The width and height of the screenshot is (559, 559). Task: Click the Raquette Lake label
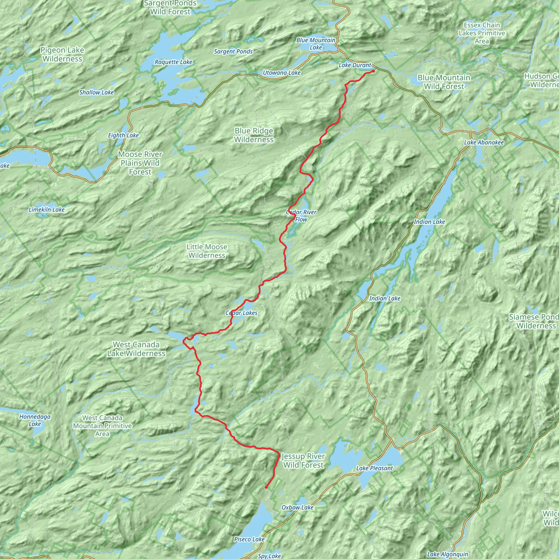tap(173, 62)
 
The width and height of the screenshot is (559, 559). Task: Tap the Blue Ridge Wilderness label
tap(254, 135)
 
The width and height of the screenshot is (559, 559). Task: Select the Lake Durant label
tap(355, 66)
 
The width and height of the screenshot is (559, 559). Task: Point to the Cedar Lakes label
tap(241, 313)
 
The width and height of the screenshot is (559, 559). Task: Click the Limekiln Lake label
tap(47, 209)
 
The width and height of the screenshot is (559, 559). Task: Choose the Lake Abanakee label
tap(484, 142)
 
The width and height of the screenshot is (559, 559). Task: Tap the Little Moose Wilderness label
tap(207, 251)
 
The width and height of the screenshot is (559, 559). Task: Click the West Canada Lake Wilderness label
tap(136, 349)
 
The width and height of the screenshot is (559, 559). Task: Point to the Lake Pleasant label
tap(374, 468)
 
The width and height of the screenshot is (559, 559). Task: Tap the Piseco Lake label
tap(249, 539)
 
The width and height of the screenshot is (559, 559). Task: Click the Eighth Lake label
tap(123, 135)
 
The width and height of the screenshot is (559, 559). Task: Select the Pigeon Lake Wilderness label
tap(62, 54)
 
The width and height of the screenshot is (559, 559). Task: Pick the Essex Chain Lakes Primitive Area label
tap(482, 33)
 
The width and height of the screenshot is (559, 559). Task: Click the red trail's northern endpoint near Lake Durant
tap(374, 71)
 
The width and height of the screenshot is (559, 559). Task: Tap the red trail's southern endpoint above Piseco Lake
tap(266, 487)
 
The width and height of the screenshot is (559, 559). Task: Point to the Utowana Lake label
tap(281, 73)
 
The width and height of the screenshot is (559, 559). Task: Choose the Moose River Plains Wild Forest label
tap(140, 163)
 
